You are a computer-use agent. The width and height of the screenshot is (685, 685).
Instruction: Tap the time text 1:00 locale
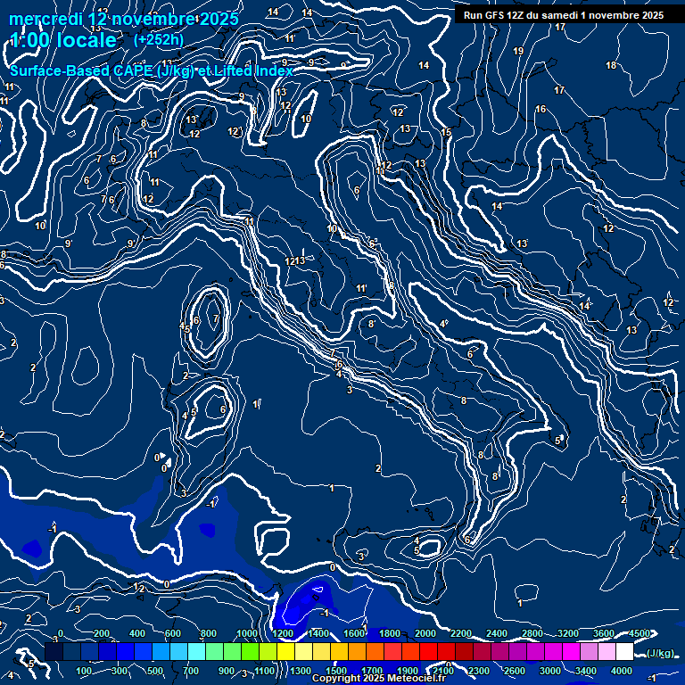(63, 40)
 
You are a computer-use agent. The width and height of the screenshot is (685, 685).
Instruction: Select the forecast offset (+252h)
(158, 39)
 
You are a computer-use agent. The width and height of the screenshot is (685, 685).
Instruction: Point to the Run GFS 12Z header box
(563, 15)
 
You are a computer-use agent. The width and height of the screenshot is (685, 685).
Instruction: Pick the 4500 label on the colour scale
(639, 634)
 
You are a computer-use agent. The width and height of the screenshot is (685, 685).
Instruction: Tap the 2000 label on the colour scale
(425, 634)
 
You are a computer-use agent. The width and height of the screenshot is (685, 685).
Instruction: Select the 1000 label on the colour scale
(246, 634)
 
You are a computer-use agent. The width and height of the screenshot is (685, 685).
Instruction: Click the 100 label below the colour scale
(86, 671)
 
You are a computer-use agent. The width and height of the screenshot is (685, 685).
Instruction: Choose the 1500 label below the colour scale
(335, 671)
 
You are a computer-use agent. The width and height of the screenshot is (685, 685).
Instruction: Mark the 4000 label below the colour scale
(621, 671)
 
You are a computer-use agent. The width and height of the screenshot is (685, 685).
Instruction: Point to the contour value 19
(518, 51)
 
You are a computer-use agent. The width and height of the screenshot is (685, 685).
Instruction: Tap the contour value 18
(611, 66)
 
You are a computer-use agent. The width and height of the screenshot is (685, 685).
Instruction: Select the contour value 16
(541, 110)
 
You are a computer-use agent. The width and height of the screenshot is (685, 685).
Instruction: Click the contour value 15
(447, 133)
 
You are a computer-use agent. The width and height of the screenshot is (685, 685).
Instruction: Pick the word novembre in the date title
(154, 19)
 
